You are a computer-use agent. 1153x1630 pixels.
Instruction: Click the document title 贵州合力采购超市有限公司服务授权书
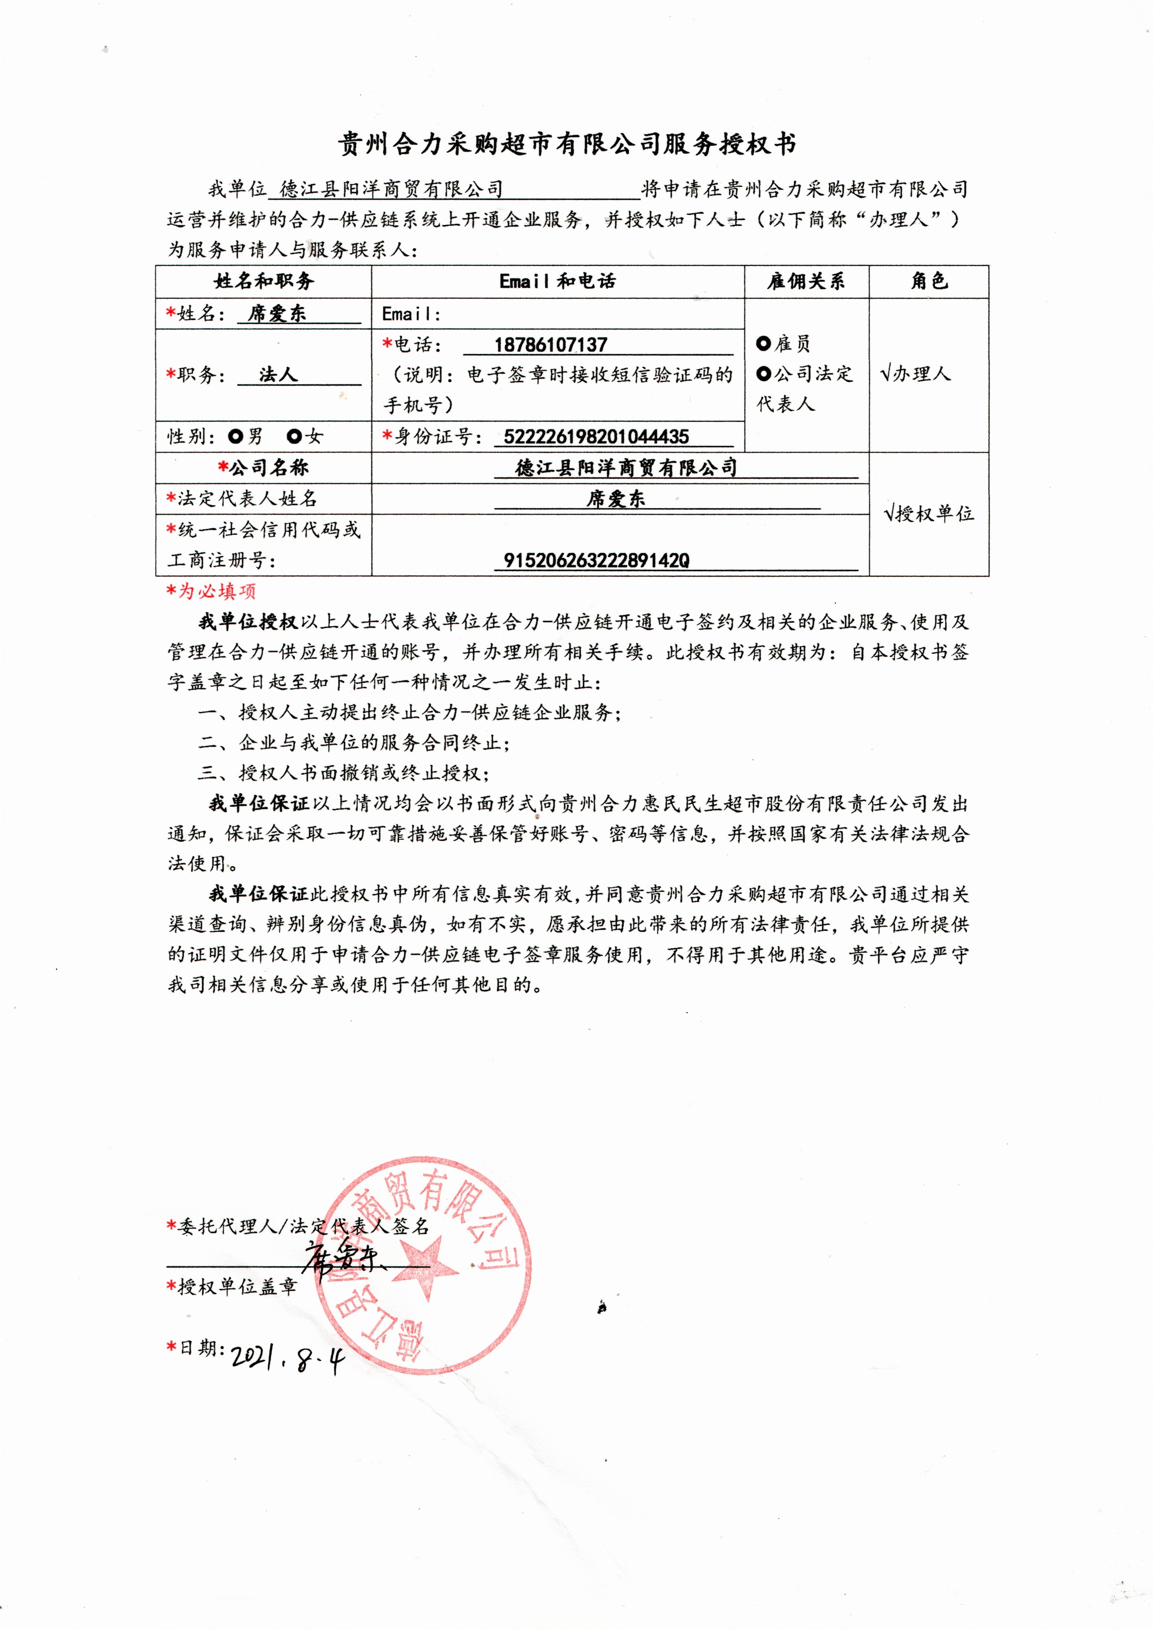point(566,145)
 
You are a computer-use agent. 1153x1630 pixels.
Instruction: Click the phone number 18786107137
point(551,345)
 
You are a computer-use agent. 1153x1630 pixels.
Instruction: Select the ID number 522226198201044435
point(596,436)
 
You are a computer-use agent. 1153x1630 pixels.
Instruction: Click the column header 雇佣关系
point(806,282)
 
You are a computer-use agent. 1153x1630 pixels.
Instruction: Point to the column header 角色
point(929,282)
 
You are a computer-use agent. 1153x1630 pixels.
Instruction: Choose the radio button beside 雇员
point(763,344)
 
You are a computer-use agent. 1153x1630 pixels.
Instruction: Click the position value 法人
point(277,375)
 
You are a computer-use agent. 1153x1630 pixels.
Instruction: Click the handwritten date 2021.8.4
point(288,1358)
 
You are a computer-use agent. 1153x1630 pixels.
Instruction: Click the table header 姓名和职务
point(264,282)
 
